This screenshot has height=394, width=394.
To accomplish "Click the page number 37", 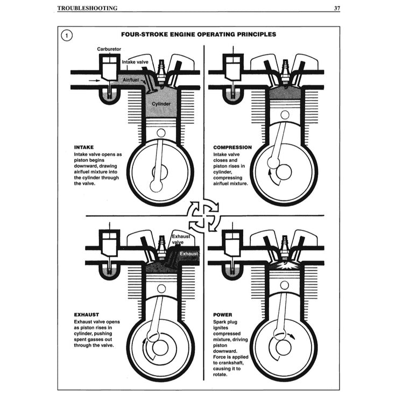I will (336, 9).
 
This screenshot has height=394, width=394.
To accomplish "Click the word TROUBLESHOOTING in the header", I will (87, 9).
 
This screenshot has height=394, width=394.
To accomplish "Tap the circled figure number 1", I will (66, 36).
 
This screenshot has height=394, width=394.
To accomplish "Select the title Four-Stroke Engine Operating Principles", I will (198, 34).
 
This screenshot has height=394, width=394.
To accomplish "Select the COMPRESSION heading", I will (232, 147).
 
